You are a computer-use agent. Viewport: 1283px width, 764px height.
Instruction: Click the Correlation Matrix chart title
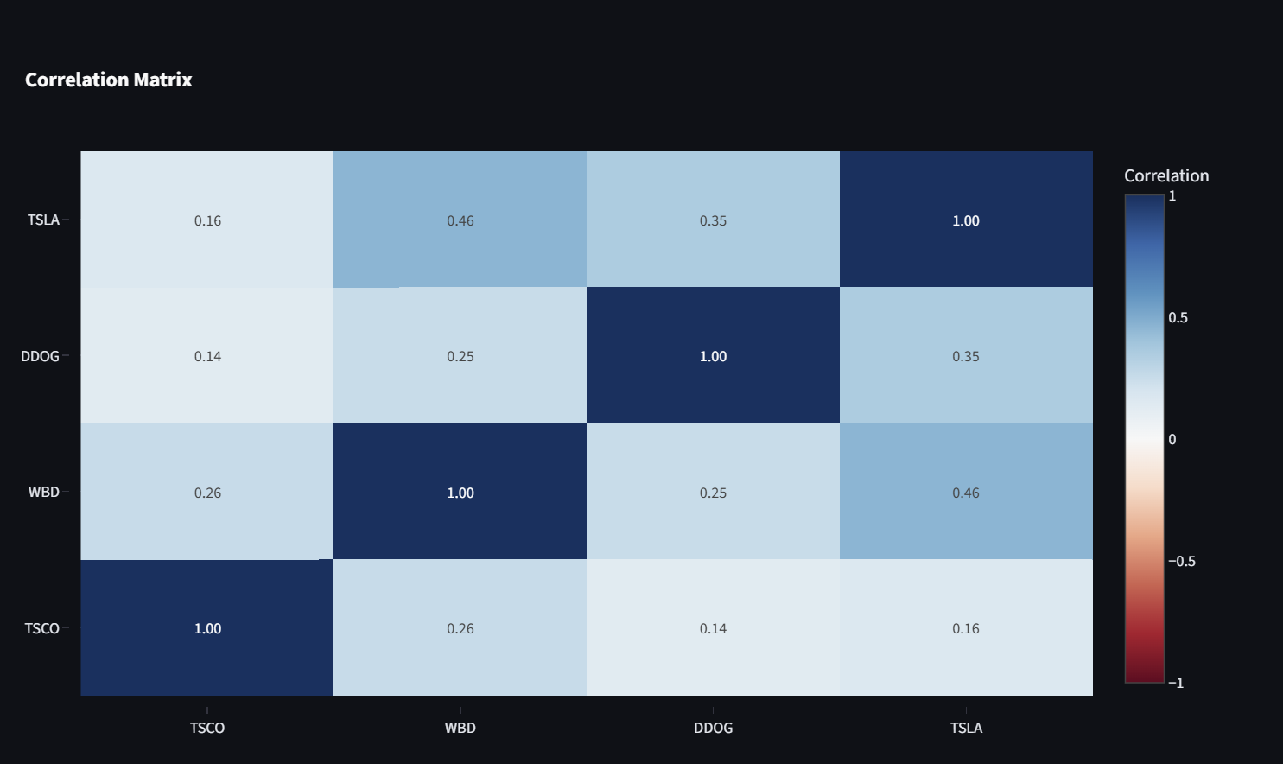pyautogui.click(x=109, y=80)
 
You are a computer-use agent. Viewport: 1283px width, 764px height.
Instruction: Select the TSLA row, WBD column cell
pyautogui.click(x=460, y=220)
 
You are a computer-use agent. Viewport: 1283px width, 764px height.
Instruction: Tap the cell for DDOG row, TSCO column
pyautogui.click(x=207, y=355)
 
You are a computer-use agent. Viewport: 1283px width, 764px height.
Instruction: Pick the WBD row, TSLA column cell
pyautogui.click(x=966, y=492)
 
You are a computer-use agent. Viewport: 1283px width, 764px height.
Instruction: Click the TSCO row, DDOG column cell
pyautogui.click(x=713, y=627)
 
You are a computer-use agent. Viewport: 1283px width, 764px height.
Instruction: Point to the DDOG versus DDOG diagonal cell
pyautogui.click(x=713, y=355)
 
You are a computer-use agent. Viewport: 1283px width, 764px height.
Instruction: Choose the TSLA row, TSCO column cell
pyautogui.click(x=207, y=220)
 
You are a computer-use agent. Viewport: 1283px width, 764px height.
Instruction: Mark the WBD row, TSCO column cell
pyautogui.click(x=207, y=492)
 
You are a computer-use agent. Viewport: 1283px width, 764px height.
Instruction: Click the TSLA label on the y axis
pyautogui.click(x=43, y=220)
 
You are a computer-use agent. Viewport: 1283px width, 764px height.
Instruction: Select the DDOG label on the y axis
pyautogui.click(x=41, y=356)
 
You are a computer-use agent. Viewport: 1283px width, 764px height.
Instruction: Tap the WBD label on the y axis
pyautogui.click(x=44, y=492)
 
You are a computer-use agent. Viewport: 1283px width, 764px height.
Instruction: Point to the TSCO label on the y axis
pyautogui.click(x=42, y=628)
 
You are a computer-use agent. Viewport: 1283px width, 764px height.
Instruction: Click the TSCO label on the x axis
pyautogui.click(x=207, y=728)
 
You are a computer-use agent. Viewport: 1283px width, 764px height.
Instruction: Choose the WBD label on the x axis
pyautogui.click(x=460, y=728)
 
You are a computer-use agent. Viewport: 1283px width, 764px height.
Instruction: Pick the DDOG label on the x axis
pyautogui.click(x=713, y=728)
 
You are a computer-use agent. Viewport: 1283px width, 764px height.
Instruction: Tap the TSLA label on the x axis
pyautogui.click(x=966, y=728)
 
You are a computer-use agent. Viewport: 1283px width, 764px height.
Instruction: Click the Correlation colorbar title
pyautogui.click(x=1166, y=175)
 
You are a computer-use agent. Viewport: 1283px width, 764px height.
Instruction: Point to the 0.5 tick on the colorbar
pyautogui.click(x=1178, y=317)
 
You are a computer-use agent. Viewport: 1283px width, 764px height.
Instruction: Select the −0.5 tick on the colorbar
pyautogui.click(x=1181, y=561)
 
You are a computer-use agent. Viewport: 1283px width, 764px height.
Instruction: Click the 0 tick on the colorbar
pyautogui.click(x=1172, y=439)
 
